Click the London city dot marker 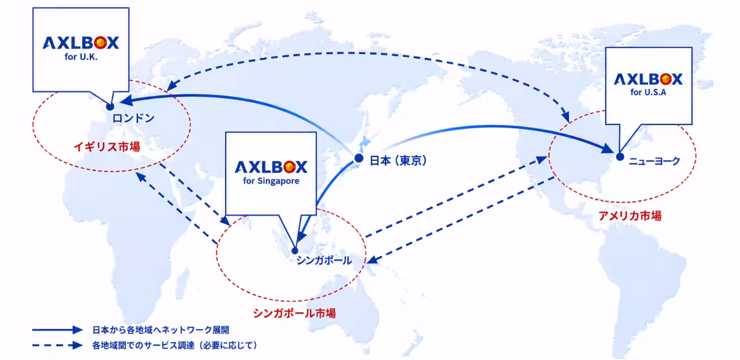[x=110, y=107]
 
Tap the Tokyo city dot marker [x=359, y=158]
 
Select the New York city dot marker [x=620, y=157]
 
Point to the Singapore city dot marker [x=295, y=251]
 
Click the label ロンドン [x=133, y=118]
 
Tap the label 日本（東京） [x=398, y=160]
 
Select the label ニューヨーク [x=654, y=161]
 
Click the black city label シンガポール [x=324, y=260]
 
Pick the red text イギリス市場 [x=107, y=147]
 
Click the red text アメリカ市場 [x=630, y=216]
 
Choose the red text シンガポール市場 [x=294, y=313]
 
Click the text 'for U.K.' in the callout [x=81, y=57]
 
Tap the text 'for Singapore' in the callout [x=271, y=181]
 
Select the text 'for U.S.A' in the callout [x=648, y=92]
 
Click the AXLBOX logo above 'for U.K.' [x=81, y=43]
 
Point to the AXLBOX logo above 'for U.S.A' [x=648, y=79]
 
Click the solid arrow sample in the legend [x=57, y=330]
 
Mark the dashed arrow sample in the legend [x=57, y=345]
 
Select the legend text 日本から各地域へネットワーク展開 [x=160, y=330]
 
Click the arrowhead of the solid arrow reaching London [x=126, y=100]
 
